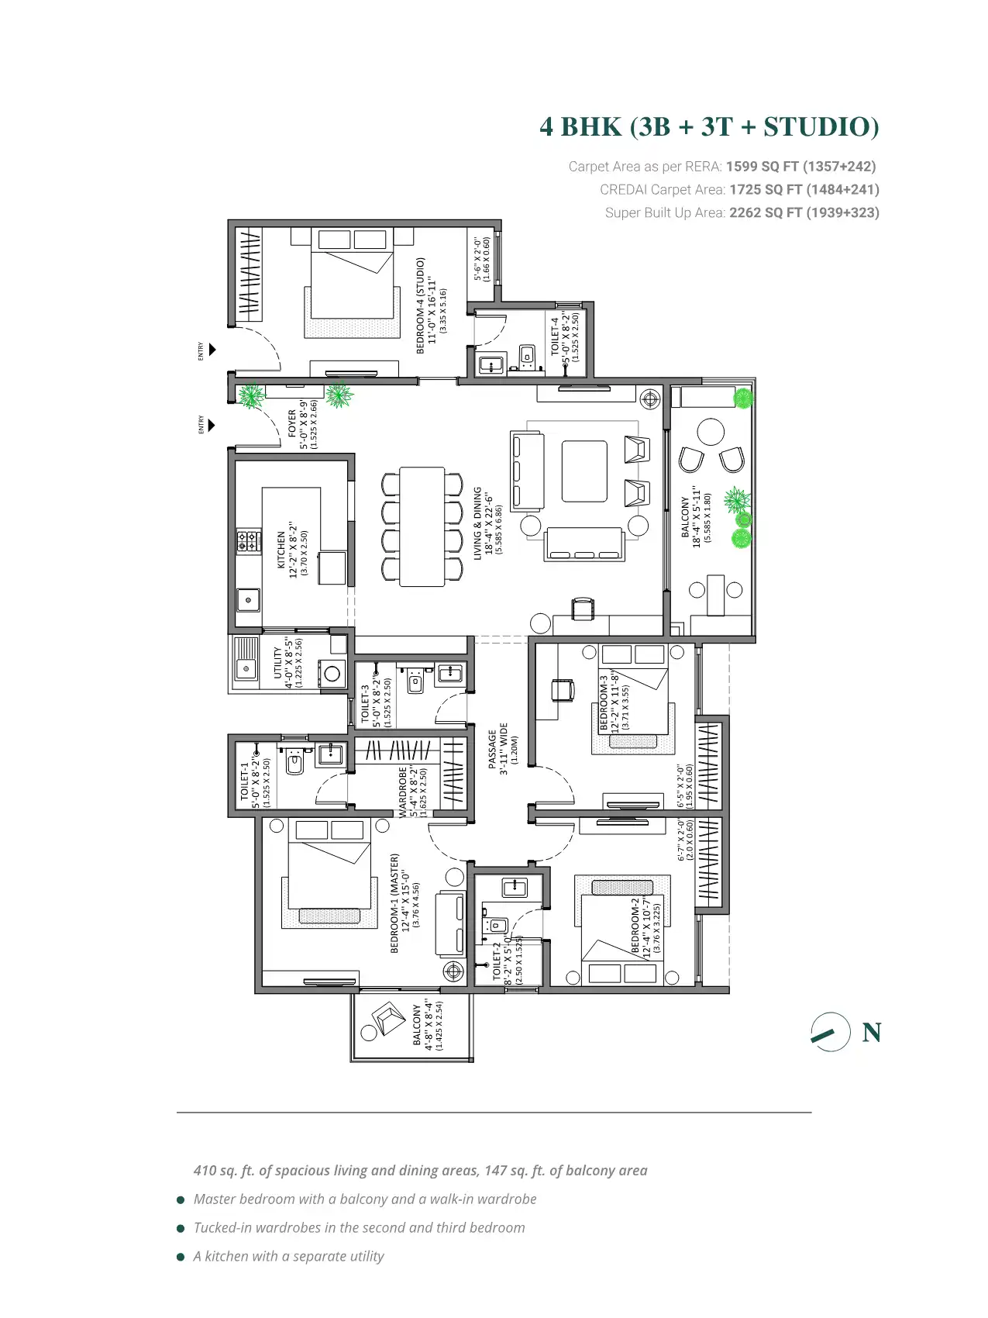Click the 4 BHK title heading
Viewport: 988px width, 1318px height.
point(709,126)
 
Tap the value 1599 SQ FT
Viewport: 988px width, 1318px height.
point(763,167)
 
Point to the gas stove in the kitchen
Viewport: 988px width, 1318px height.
point(249,540)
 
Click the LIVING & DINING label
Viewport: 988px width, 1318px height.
point(478,523)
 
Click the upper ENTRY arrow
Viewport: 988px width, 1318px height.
point(212,350)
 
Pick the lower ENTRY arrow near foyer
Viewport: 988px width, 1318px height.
point(212,425)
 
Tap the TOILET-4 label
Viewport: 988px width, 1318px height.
point(555,335)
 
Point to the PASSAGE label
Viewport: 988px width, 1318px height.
point(492,749)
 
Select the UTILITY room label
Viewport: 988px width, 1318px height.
point(277,663)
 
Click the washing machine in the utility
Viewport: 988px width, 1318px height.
point(332,674)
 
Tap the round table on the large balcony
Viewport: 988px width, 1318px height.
point(711,431)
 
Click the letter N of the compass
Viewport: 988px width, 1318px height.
point(872,1033)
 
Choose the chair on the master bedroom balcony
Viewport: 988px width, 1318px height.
point(389,1018)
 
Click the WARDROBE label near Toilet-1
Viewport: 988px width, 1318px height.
point(403,792)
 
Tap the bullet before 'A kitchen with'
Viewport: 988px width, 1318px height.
point(181,1257)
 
